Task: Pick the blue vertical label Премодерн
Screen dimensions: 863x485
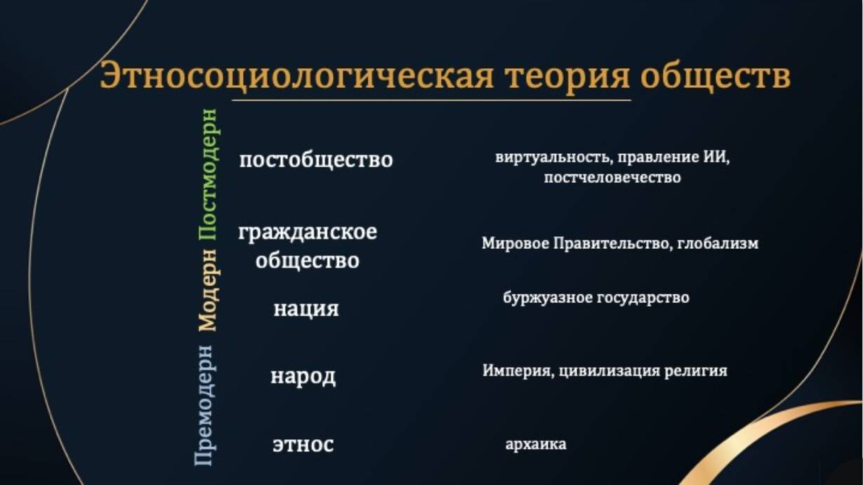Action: coord(204,405)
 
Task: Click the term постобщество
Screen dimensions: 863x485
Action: coord(316,160)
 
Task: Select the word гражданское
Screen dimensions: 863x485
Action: coord(308,233)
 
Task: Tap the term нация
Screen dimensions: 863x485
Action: coord(306,309)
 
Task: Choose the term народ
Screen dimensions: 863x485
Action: coord(303,376)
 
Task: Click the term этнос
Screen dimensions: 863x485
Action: coord(303,444)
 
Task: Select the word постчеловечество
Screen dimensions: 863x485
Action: coord(612,178)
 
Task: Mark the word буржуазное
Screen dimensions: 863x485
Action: coord(548,298)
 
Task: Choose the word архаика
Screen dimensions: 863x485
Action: coord(536,444)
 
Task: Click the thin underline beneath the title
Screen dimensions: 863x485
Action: coord(431,101)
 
